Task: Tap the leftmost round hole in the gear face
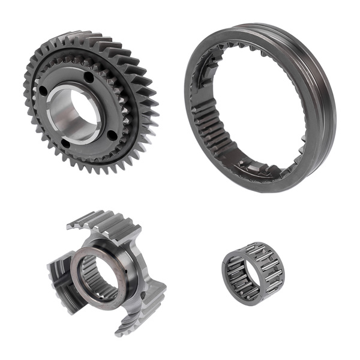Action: coord(43,91)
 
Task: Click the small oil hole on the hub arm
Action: coord(143,295)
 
